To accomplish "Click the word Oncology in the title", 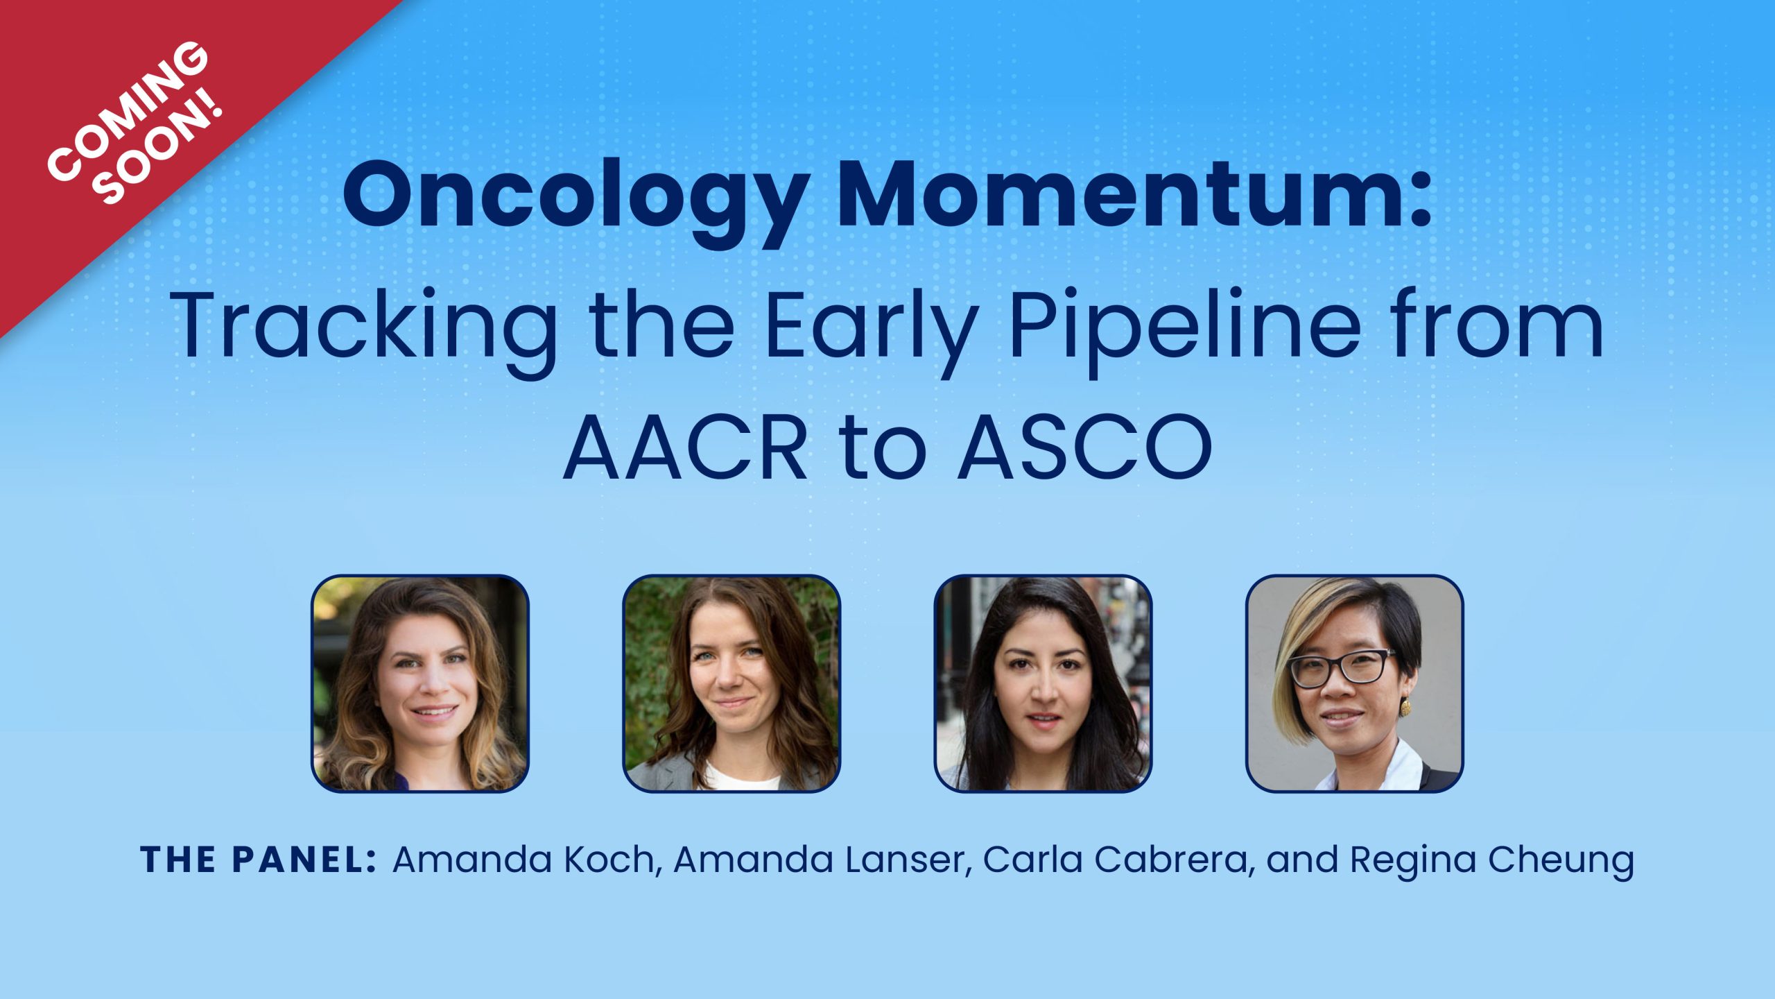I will pos(575,198).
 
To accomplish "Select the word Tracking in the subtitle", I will pos(363,326).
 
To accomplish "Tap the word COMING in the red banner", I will pos(128,111).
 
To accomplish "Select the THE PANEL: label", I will pos(259,860).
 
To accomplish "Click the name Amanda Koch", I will pos(523,860).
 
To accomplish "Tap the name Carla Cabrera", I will pos(1117,860).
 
